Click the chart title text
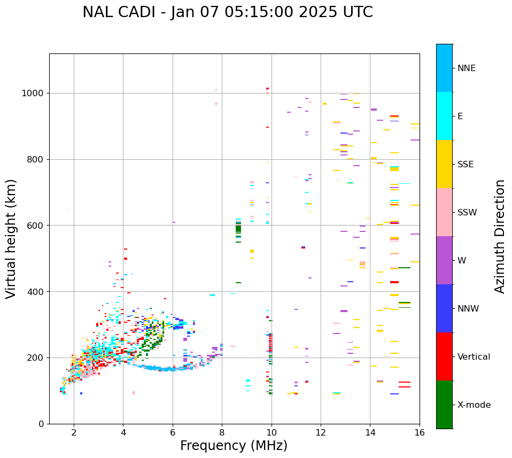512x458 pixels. coord(228,12)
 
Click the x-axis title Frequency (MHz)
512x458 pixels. coord(234,446)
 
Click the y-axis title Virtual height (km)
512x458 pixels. coord(11,239)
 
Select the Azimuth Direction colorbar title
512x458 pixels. coord(500,236)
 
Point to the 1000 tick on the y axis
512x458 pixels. coord(33,93)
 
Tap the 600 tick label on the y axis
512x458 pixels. coord(35,226)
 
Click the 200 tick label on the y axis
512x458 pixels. coord(35,358)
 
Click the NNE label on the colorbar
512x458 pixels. coord(466,68)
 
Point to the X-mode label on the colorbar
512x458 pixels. coord(474,405)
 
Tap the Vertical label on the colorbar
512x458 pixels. coord(474,357)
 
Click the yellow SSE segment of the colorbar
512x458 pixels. coord(444,164)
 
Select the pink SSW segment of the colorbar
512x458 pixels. coord(444,212)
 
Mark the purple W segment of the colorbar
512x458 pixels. coord(444,260)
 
